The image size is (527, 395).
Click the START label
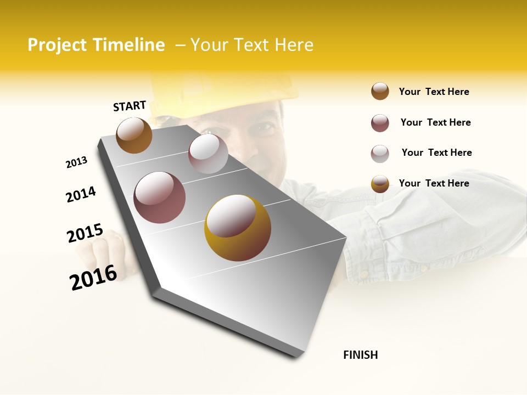pyautogui.click(x=130, y=106)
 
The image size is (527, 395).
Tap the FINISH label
pyautogui.click(x=361, y=355)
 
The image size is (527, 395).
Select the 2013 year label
pyautogui.click(x=76, y=162)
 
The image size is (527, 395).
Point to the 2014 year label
pyautogui.click(x=81, y=195)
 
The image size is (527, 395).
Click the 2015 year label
pyautogui.click(x=85, y=233)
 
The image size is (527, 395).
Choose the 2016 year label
pyautogui.click(x=93, y=278)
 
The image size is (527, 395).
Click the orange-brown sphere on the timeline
pyautogui.click(x=134, y=135)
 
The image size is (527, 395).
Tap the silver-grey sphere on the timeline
pyautogui.click(x=208, y=154)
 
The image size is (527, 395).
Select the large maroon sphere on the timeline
pyautogui.click(x=160, y=198)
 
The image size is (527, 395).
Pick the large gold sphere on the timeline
pyautogui.click(x=237, y=228)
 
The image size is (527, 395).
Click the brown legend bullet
pyautogui.click(x=380, y=92)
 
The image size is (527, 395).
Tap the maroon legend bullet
pyautogui.click(x=380, y=123)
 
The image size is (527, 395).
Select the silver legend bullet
pyautogui.click(x=380, y=154)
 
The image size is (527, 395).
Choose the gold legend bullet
pyautogui.click(x=380, y=184)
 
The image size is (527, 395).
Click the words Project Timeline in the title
pyautogui.click(x=96, y=45)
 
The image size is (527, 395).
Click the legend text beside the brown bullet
pyautogui.click(x=434, y=92)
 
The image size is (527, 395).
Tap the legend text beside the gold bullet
pyautogui.click(x=434, y=183)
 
